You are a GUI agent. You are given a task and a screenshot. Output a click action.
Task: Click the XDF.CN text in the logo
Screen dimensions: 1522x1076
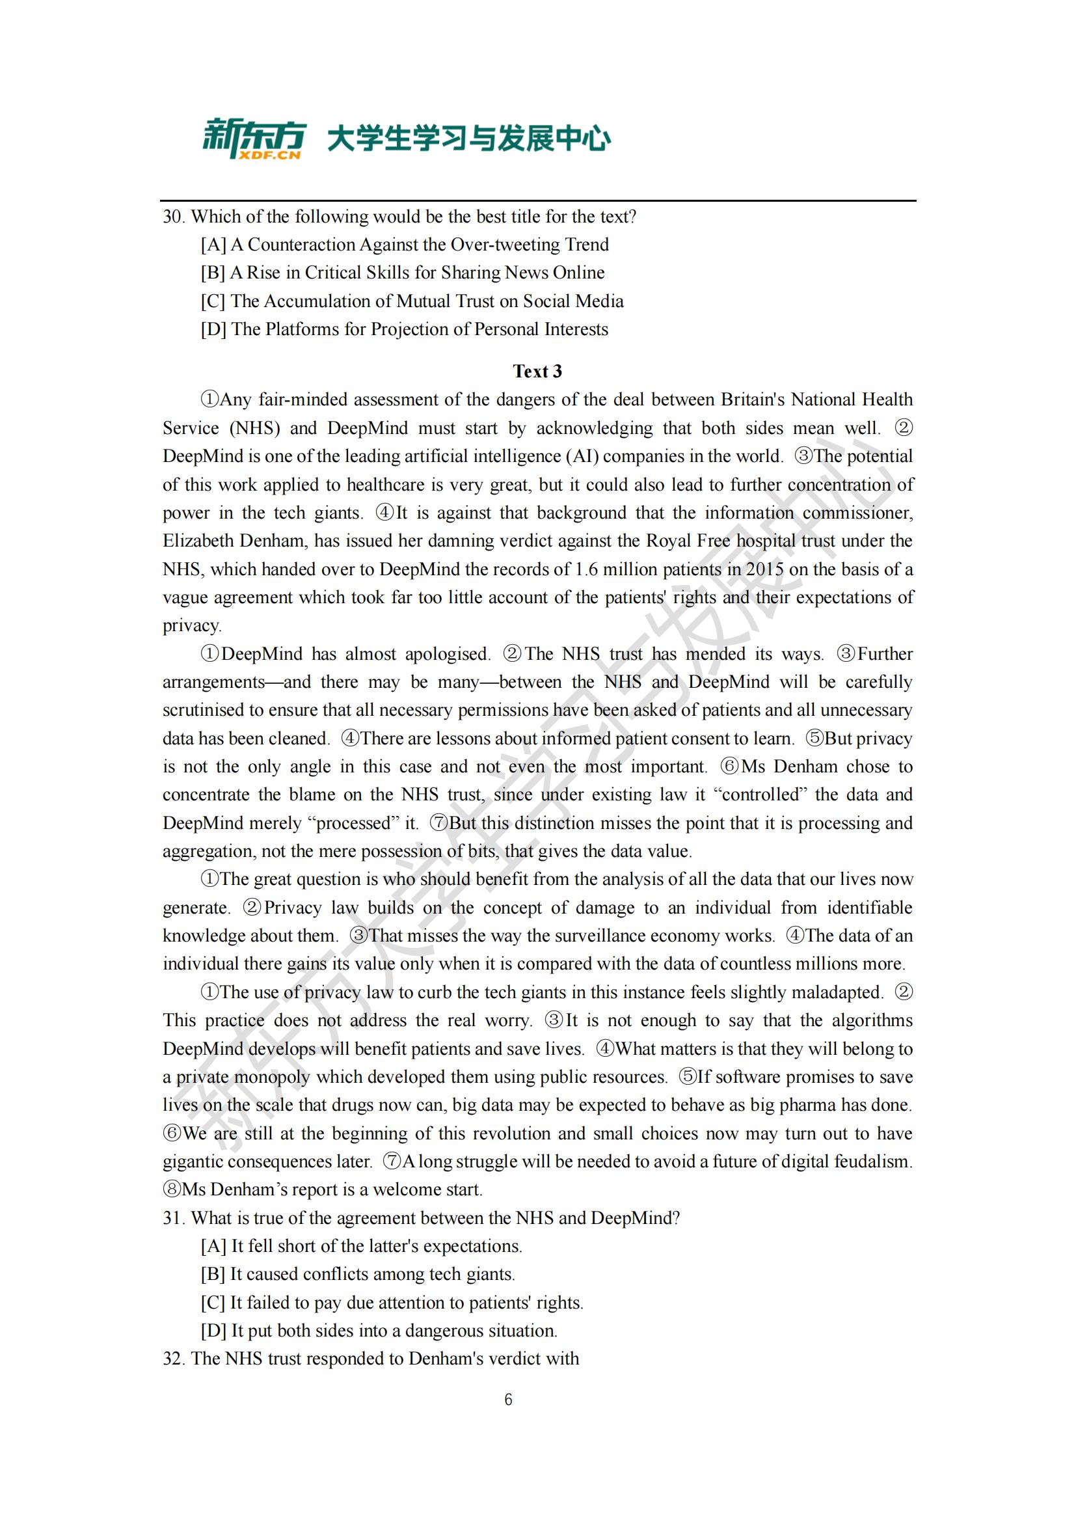coord(278,155)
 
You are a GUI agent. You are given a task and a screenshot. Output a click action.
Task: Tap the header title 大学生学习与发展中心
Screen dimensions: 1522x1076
coord(468,139)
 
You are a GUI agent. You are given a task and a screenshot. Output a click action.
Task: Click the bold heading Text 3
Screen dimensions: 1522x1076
coord(537,371)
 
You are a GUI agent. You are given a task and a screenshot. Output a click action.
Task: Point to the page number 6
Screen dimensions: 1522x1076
coord(508,1400)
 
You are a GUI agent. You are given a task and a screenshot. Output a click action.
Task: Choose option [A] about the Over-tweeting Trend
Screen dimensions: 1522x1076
coord(405,245)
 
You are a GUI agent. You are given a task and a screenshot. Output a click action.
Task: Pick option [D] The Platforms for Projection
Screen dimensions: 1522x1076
coord(404,329)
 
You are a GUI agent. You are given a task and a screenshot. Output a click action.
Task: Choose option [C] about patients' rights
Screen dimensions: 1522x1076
coord(392,1303)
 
